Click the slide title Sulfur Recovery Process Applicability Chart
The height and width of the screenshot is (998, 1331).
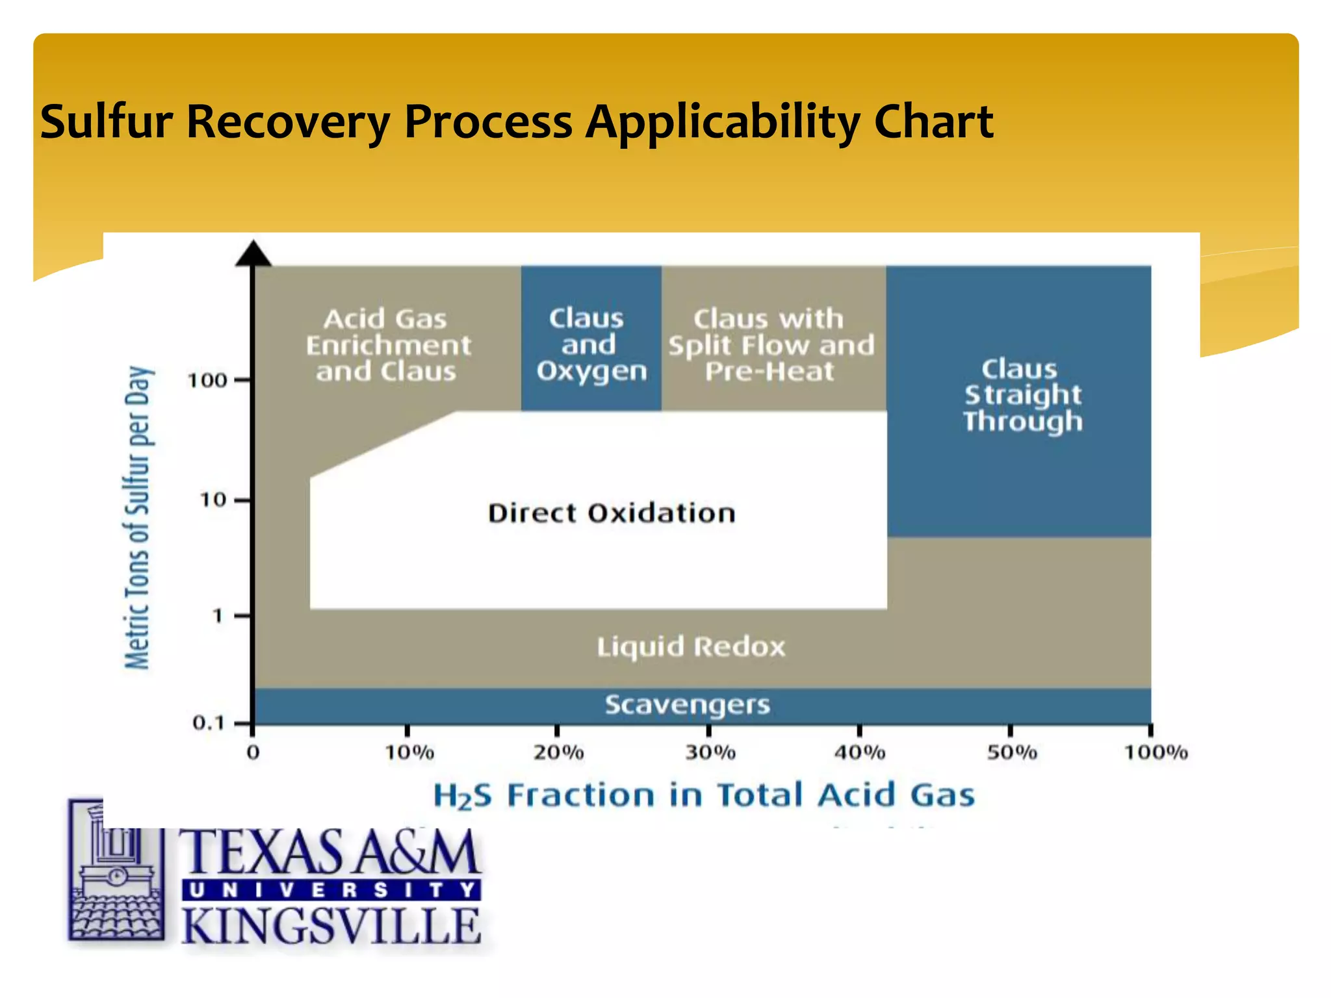click(x=517, y=122)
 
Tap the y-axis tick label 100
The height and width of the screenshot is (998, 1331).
click(x=207, y=380)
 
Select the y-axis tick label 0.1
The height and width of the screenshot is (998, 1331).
click(x=208, y=723)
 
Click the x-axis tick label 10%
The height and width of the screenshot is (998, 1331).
click(x=409, y=752)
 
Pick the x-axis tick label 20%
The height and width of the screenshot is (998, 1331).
click(x=559, y=752)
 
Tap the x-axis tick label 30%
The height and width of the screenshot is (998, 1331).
click(x=710, y=752)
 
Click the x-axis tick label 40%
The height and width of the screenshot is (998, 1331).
click(x=860, y=752)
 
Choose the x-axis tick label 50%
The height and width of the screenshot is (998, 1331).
click(x=1012, y=752)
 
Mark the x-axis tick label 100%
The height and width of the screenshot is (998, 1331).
click(x=1156, y=752)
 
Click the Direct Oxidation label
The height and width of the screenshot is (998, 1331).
click(x=612, y=513)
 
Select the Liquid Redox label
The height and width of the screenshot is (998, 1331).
click(x=691, y=647)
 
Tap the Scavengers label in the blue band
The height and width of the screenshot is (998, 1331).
click(x=688, y=705)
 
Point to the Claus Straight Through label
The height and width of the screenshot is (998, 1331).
click(x=1022, y=395)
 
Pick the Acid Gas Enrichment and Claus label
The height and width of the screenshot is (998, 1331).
click(x=388, y=346)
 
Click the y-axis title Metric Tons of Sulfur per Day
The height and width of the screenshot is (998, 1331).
click(x=138, y=517)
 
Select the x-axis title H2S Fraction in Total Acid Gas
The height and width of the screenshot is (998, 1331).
click(x=704, y=796)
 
